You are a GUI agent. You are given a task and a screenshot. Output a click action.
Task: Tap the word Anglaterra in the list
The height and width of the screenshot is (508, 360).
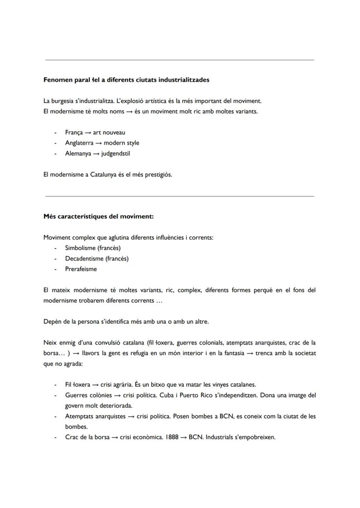click(x=79, y=143)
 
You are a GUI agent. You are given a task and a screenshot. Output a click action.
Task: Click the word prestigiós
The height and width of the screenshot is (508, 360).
click(x=159, y=175)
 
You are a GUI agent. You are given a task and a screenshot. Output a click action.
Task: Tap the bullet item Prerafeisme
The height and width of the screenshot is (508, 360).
click(x=81, y=269)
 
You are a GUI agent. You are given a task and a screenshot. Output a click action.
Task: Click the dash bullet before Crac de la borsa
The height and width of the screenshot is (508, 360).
click(x=55, y=437)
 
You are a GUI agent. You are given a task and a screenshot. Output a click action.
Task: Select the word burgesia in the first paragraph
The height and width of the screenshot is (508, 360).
click(x=64, y=101)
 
